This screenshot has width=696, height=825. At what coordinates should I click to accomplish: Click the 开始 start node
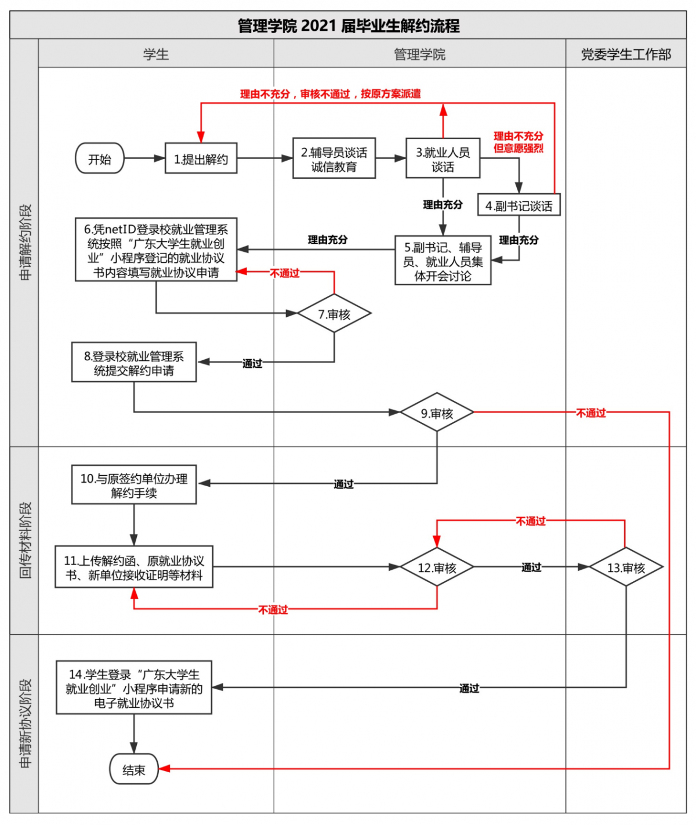point(100,158)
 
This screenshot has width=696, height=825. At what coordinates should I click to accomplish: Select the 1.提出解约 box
point(201,158)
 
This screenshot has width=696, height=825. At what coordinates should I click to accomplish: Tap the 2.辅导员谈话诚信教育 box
point(334,158)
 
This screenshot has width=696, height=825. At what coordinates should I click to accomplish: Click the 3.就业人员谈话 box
point(443,158)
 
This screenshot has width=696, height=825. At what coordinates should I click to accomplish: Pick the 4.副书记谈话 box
point(519,205)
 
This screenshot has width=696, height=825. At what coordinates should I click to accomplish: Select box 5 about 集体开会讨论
point(443,261)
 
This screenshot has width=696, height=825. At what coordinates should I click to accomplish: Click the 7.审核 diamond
point(334,314)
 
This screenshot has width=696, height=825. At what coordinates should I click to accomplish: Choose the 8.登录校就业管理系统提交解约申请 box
point(134,363)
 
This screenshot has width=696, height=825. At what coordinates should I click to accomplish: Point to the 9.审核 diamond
point(437,413)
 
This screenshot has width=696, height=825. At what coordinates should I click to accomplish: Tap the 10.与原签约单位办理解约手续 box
point(134,485)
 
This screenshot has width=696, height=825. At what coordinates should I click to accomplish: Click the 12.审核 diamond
point(437,567)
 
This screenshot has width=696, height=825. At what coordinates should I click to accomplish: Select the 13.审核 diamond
point(626,567)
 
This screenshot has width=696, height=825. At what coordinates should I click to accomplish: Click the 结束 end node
point(134,769)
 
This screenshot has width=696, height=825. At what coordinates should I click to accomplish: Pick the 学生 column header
point(156,55)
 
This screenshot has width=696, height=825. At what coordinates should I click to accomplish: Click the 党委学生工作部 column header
point(626,55)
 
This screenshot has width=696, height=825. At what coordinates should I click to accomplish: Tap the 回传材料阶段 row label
point(25,540)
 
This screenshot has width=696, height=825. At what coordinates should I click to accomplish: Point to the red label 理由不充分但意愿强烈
point(519,142)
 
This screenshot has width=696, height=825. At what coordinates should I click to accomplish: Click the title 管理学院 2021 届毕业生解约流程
point(348,26)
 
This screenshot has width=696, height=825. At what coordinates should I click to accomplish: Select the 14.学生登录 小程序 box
point(134,688)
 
